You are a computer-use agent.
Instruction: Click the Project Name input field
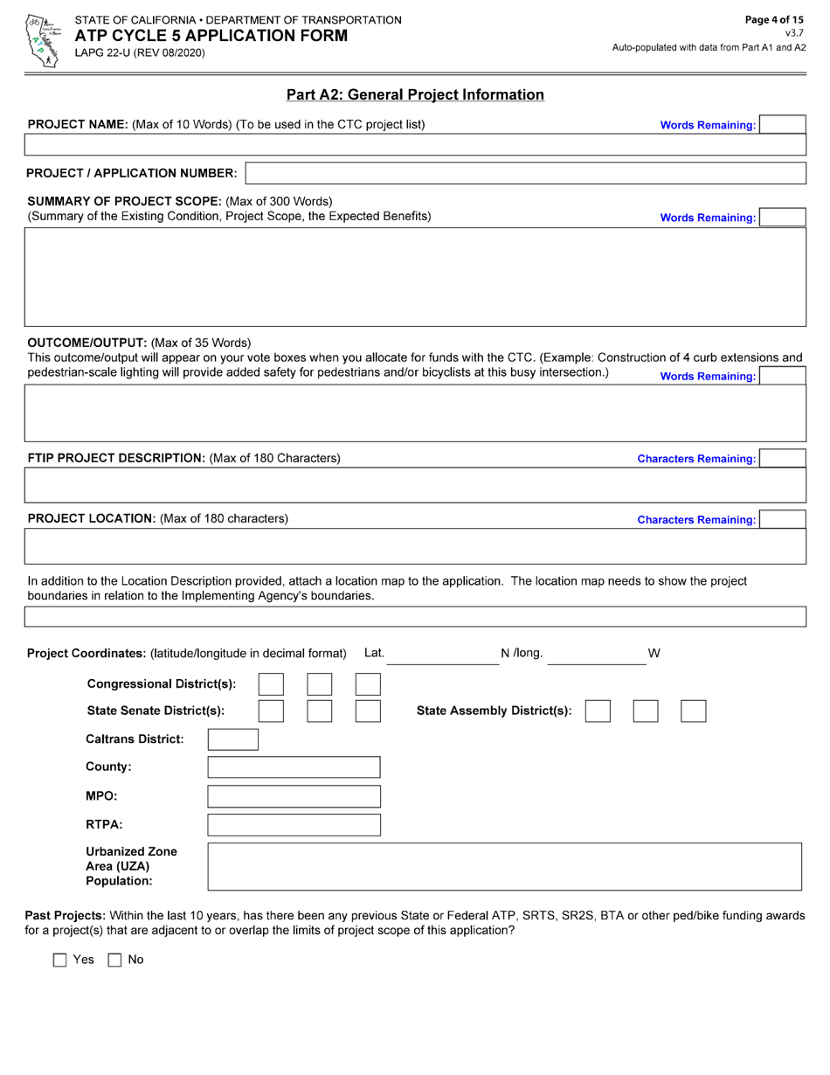pos(415,145)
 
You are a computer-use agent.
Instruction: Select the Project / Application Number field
pos(526,173)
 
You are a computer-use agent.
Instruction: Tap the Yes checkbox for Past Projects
pos(60,960)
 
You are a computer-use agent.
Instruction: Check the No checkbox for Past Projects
pos(114,960)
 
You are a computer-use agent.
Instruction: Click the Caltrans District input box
pos(233,739)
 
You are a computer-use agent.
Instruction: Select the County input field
pos(294,767)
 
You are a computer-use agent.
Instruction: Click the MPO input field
pos(294,796)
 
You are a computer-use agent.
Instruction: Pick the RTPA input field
pos(294,825)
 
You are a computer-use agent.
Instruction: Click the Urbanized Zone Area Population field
pos(504,866)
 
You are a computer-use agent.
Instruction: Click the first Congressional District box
pos(272,684)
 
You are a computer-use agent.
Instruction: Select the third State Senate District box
pos(368,711)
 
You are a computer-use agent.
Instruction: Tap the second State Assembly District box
pos(646,711)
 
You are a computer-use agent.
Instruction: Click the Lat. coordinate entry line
pos(442,655)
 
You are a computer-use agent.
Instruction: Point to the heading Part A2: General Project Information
pos(415,94)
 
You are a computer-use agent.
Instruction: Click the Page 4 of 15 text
pos(773,19)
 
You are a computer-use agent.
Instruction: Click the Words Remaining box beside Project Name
pos(782,125)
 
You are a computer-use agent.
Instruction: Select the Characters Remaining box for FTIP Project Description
pos(782,459)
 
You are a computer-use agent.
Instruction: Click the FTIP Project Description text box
pos(415,485)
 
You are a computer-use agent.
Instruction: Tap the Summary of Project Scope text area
pos(415,277)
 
